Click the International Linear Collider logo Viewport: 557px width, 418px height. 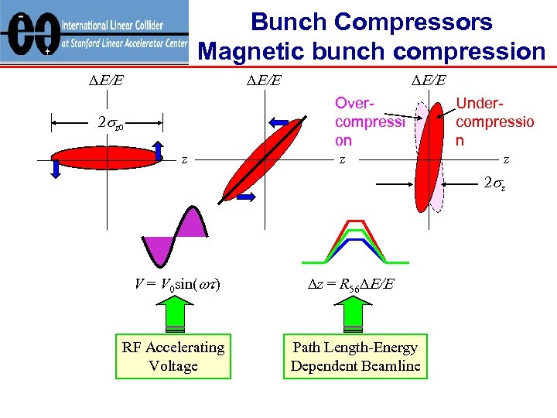tap(94, 32)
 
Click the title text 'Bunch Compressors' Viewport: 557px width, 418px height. tap(371, 22)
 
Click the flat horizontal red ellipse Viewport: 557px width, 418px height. tap(108, 158)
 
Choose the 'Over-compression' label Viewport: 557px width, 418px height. tap(369, 122)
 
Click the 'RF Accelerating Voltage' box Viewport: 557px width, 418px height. tap(173, 357)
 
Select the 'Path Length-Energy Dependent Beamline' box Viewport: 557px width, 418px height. tap(355, 357)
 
